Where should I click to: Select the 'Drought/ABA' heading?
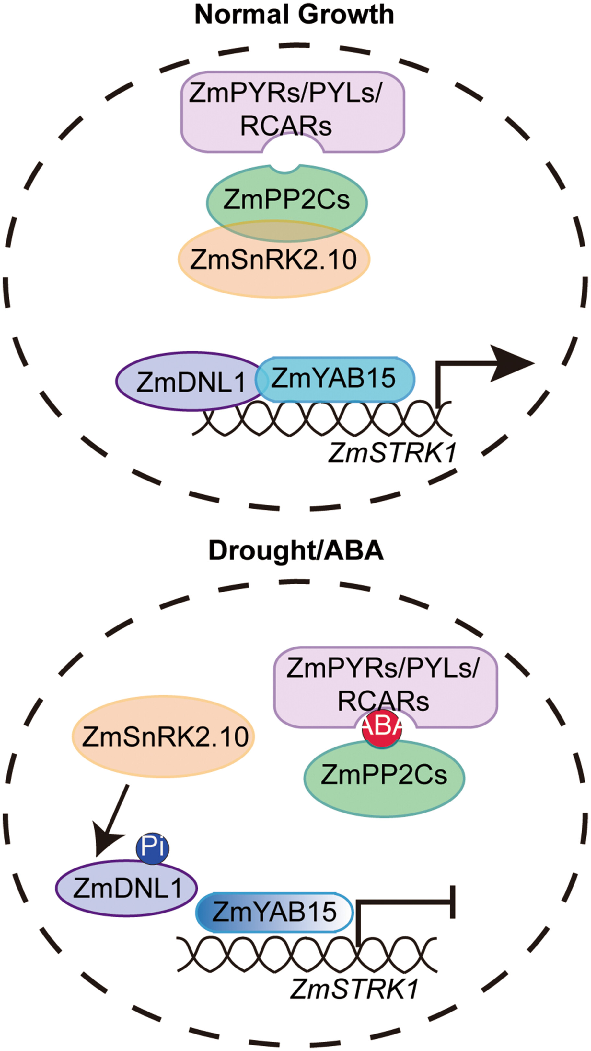296,550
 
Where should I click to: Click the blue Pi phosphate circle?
152,848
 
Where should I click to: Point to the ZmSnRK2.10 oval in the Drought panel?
163,737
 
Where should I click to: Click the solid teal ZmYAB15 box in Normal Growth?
335,379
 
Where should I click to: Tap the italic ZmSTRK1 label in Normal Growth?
392,453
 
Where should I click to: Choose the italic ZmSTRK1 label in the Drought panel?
354,989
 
